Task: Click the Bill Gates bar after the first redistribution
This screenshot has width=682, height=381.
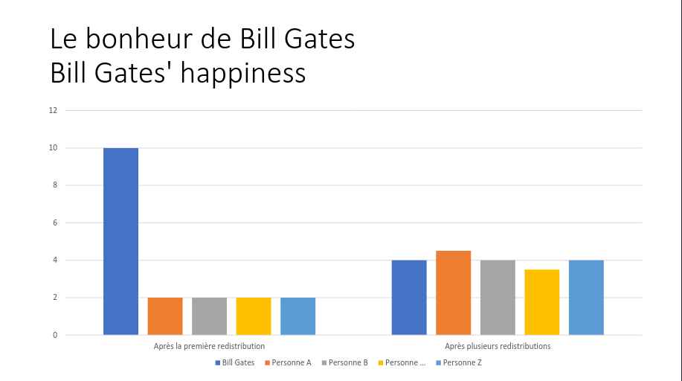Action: click(x=120, y=241)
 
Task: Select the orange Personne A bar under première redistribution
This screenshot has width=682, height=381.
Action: click(x=165, y=316)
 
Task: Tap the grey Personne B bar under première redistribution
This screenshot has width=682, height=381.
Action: click(x=209, y=316)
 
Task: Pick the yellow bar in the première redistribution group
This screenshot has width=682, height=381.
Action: click(x=254, y=316)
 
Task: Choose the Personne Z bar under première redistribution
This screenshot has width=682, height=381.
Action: click(x=297, y=316)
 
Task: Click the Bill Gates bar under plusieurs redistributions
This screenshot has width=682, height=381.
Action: click(x=409, y=298)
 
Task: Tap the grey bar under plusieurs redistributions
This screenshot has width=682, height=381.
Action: click(x=498, y=298)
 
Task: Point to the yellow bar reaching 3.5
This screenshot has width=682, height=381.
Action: click(x=541, y=302)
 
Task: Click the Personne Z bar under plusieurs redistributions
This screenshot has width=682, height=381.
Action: click(x=586, y=298)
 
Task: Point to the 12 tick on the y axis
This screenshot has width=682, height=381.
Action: click(x=53, y=110)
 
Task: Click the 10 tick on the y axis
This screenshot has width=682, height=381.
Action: click(x=53, y=148)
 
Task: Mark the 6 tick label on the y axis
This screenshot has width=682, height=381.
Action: click(x=54, y=222)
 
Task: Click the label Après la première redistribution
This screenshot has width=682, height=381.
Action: click(x=209, y=347)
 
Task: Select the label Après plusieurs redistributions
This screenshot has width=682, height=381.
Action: click(x=498, y=347)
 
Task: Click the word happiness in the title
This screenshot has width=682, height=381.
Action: click(x=243, y=73)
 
